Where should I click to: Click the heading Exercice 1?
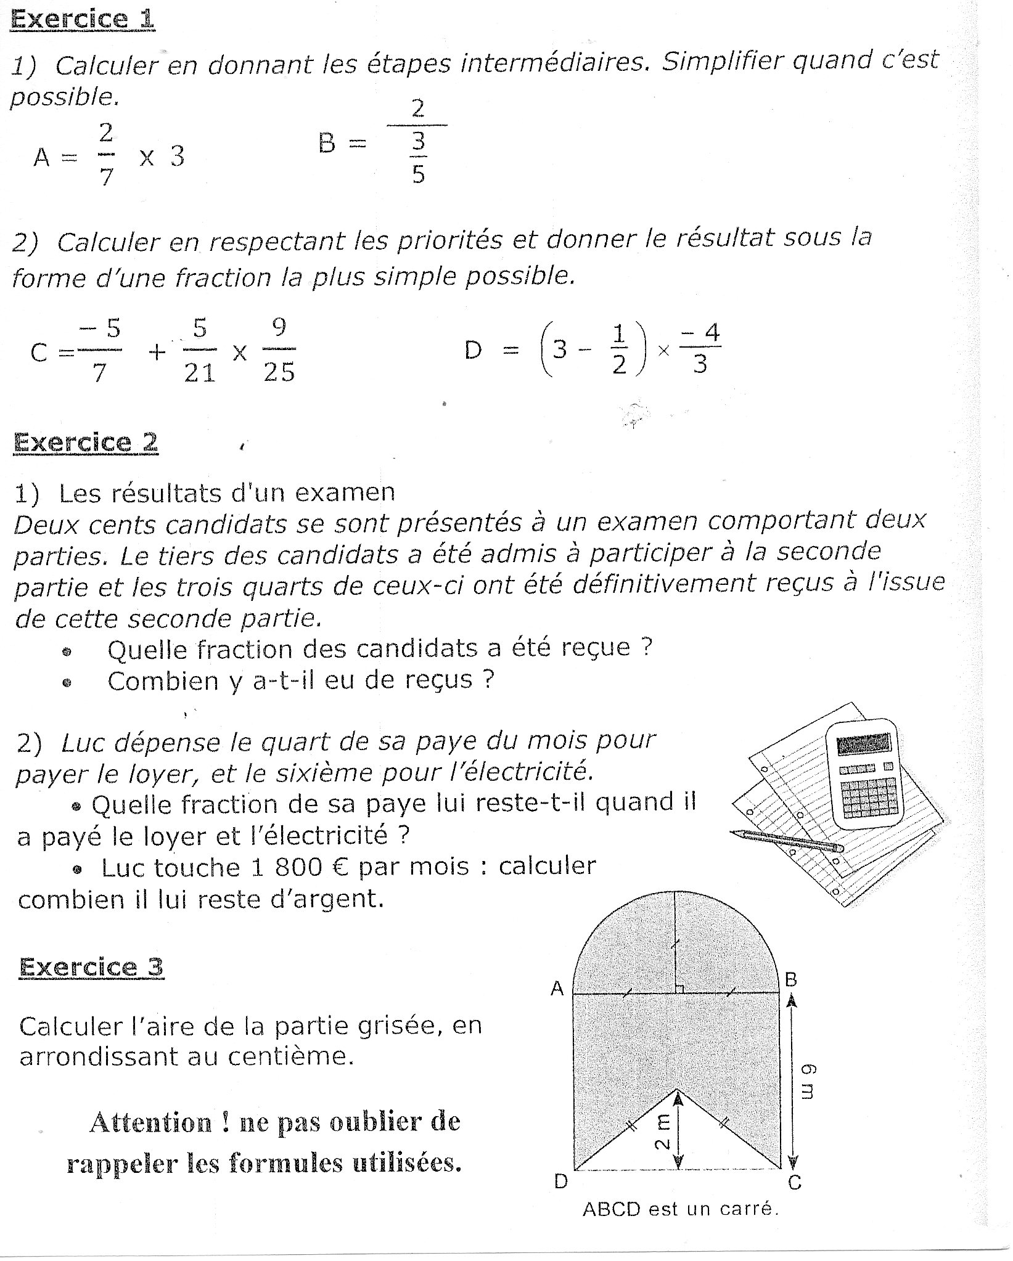pyautogui.click(x=82, y=19)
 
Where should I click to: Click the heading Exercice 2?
pyautogui.click(x=86, y=443)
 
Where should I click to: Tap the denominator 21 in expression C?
pyautogui.click(x=200, y=372)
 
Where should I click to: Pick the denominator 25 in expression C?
pyautogui.click(x=279, y=372)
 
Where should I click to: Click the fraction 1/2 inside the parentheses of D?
pyautogui.click(x=619, y=350)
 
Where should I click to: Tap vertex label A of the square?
pyautogui.click(x=557, y=989)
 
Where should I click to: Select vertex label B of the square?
pyautogui.click(x=791, y=979)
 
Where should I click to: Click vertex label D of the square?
pyautogui.click(x=560, y=1181)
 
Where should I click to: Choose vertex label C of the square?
pyautogui.click(x=795, y=1182)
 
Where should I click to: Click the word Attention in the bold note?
pyautogui.click(x=150, y=1122)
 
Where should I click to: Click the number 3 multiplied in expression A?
pyautogui.click(x=177, y=156)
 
